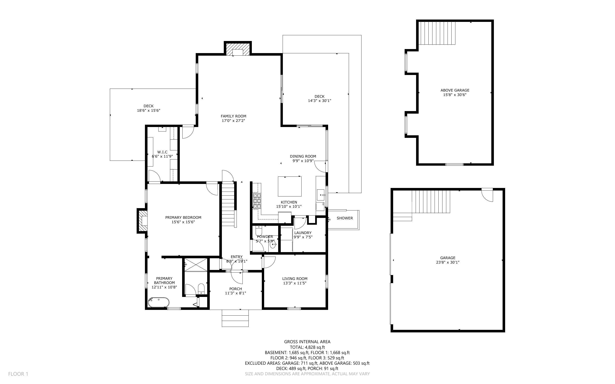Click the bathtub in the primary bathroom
[159, 302]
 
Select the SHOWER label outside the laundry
[344, 218]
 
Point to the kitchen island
[290, 186]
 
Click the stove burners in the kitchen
[257, 201]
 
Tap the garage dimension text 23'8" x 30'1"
[447, 262]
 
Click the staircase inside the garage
[431, 202]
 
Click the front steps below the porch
[235, 318]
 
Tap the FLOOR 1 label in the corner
[18, 374]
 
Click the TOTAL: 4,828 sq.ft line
[307, 347]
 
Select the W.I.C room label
[162, 152]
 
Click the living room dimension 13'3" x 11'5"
[295, 283]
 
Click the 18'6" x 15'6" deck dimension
[148, 110]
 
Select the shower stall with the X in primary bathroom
[196, 265]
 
